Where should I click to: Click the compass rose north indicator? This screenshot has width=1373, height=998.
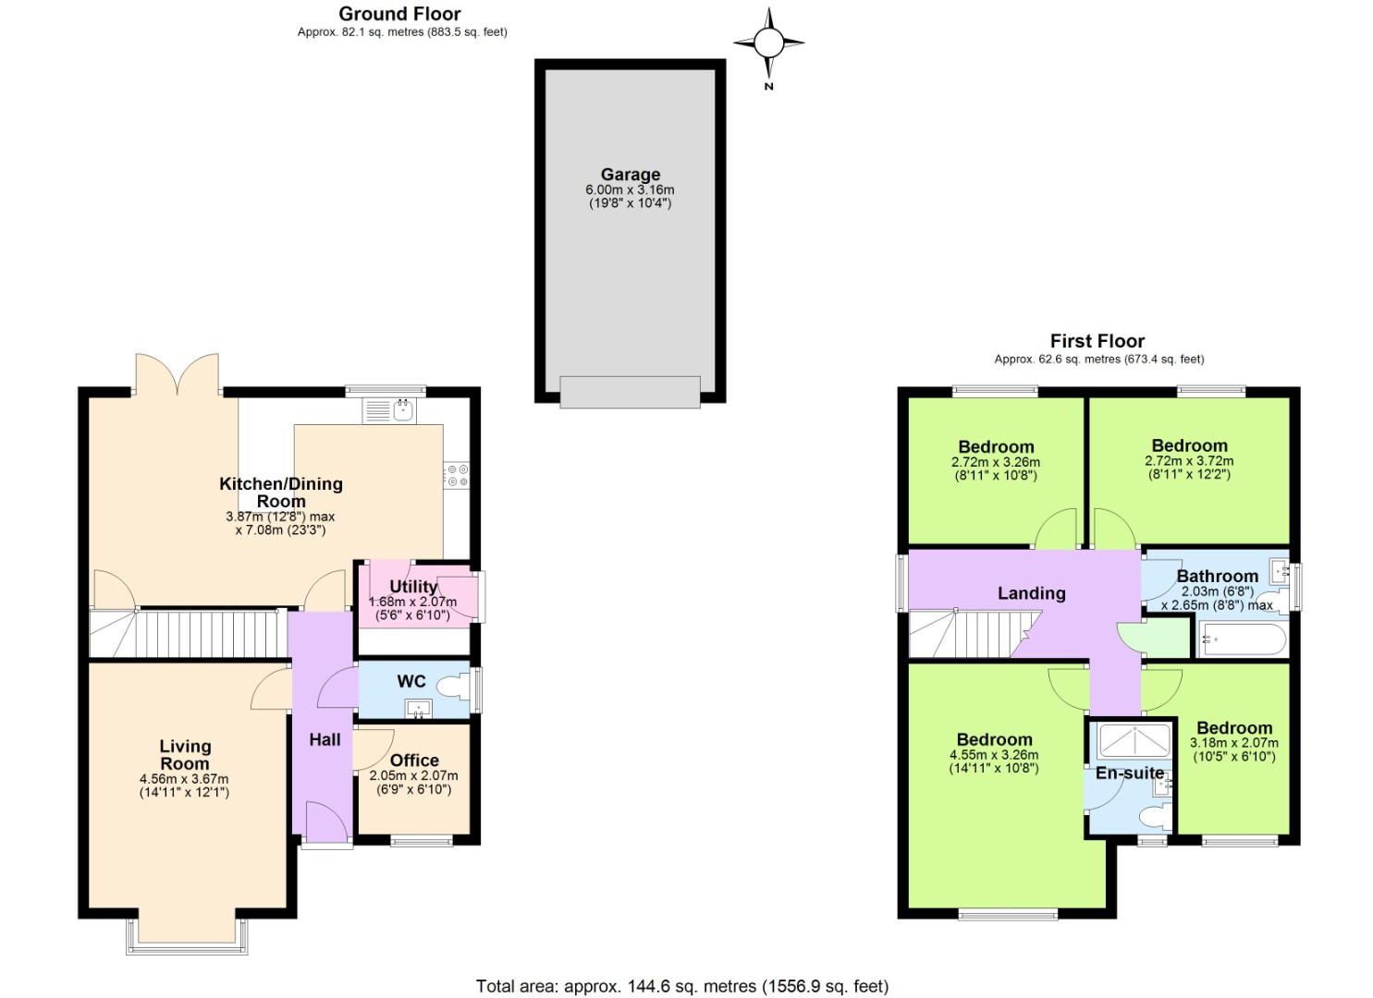tap(768, 43)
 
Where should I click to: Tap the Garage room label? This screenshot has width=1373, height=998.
tap(630, 175)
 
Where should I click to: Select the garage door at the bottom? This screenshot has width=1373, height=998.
tap(630, 392)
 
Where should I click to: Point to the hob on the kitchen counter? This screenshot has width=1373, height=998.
tap(457, 476)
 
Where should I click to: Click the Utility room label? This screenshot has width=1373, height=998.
tap(412, 587)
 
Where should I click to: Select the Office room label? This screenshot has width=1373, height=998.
tap(414, 761)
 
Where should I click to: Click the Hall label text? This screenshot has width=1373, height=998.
tap(325, 739)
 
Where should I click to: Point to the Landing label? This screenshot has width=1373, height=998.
tap(1031, 593)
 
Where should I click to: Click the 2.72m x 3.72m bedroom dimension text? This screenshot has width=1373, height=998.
tap(1189, 461)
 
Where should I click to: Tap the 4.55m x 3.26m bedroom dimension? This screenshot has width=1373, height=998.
tap(994, 755)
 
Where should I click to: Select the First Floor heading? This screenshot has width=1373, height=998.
tap(1097, 341)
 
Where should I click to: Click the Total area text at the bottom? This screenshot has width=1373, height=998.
tap(682, 986)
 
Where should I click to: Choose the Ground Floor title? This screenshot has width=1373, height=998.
tap(399, 14)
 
